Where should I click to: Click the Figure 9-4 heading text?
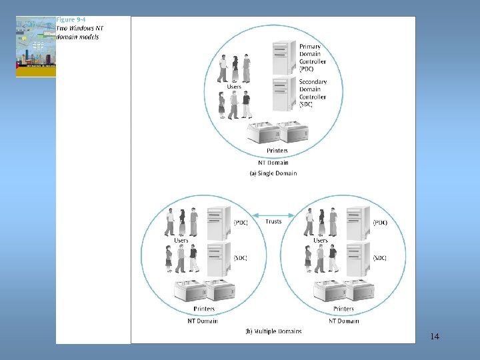[71, 20]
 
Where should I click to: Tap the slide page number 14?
[435, 336]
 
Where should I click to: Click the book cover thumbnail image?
[36, 47]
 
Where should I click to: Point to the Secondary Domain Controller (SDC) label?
[313, 93]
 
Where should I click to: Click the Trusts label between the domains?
[273, 221]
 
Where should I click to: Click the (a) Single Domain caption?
[273, 173]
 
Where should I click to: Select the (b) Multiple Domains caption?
[273, 331]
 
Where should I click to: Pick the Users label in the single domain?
[234, 87]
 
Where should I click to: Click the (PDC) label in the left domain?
[241, 223]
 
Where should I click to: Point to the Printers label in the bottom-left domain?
[204, 309]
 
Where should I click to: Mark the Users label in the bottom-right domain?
[321, 240]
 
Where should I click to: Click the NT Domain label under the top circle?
[273, 162]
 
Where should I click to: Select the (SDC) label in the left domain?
[240, 258]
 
